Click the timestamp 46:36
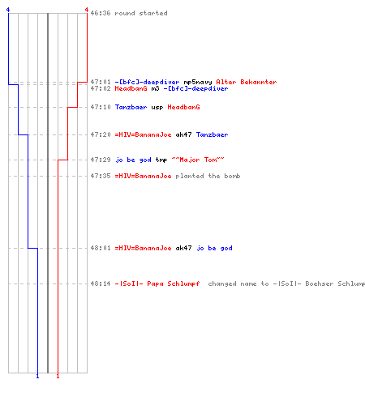101,13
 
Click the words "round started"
141,13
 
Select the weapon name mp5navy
198,82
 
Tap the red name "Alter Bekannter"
247,82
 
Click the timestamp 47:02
101,88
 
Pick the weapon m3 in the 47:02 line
155,88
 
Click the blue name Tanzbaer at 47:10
131,107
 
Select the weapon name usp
157,108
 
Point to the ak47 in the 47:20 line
183,134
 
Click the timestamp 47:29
101,160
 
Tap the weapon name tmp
161,160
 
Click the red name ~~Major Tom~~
198,160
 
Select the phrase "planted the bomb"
208,176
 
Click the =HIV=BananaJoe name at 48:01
143,248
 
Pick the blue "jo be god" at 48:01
214,248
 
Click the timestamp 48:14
101,283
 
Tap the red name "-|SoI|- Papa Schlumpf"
157,283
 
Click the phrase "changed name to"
238,283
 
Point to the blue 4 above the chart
8,10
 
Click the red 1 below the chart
58,376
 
